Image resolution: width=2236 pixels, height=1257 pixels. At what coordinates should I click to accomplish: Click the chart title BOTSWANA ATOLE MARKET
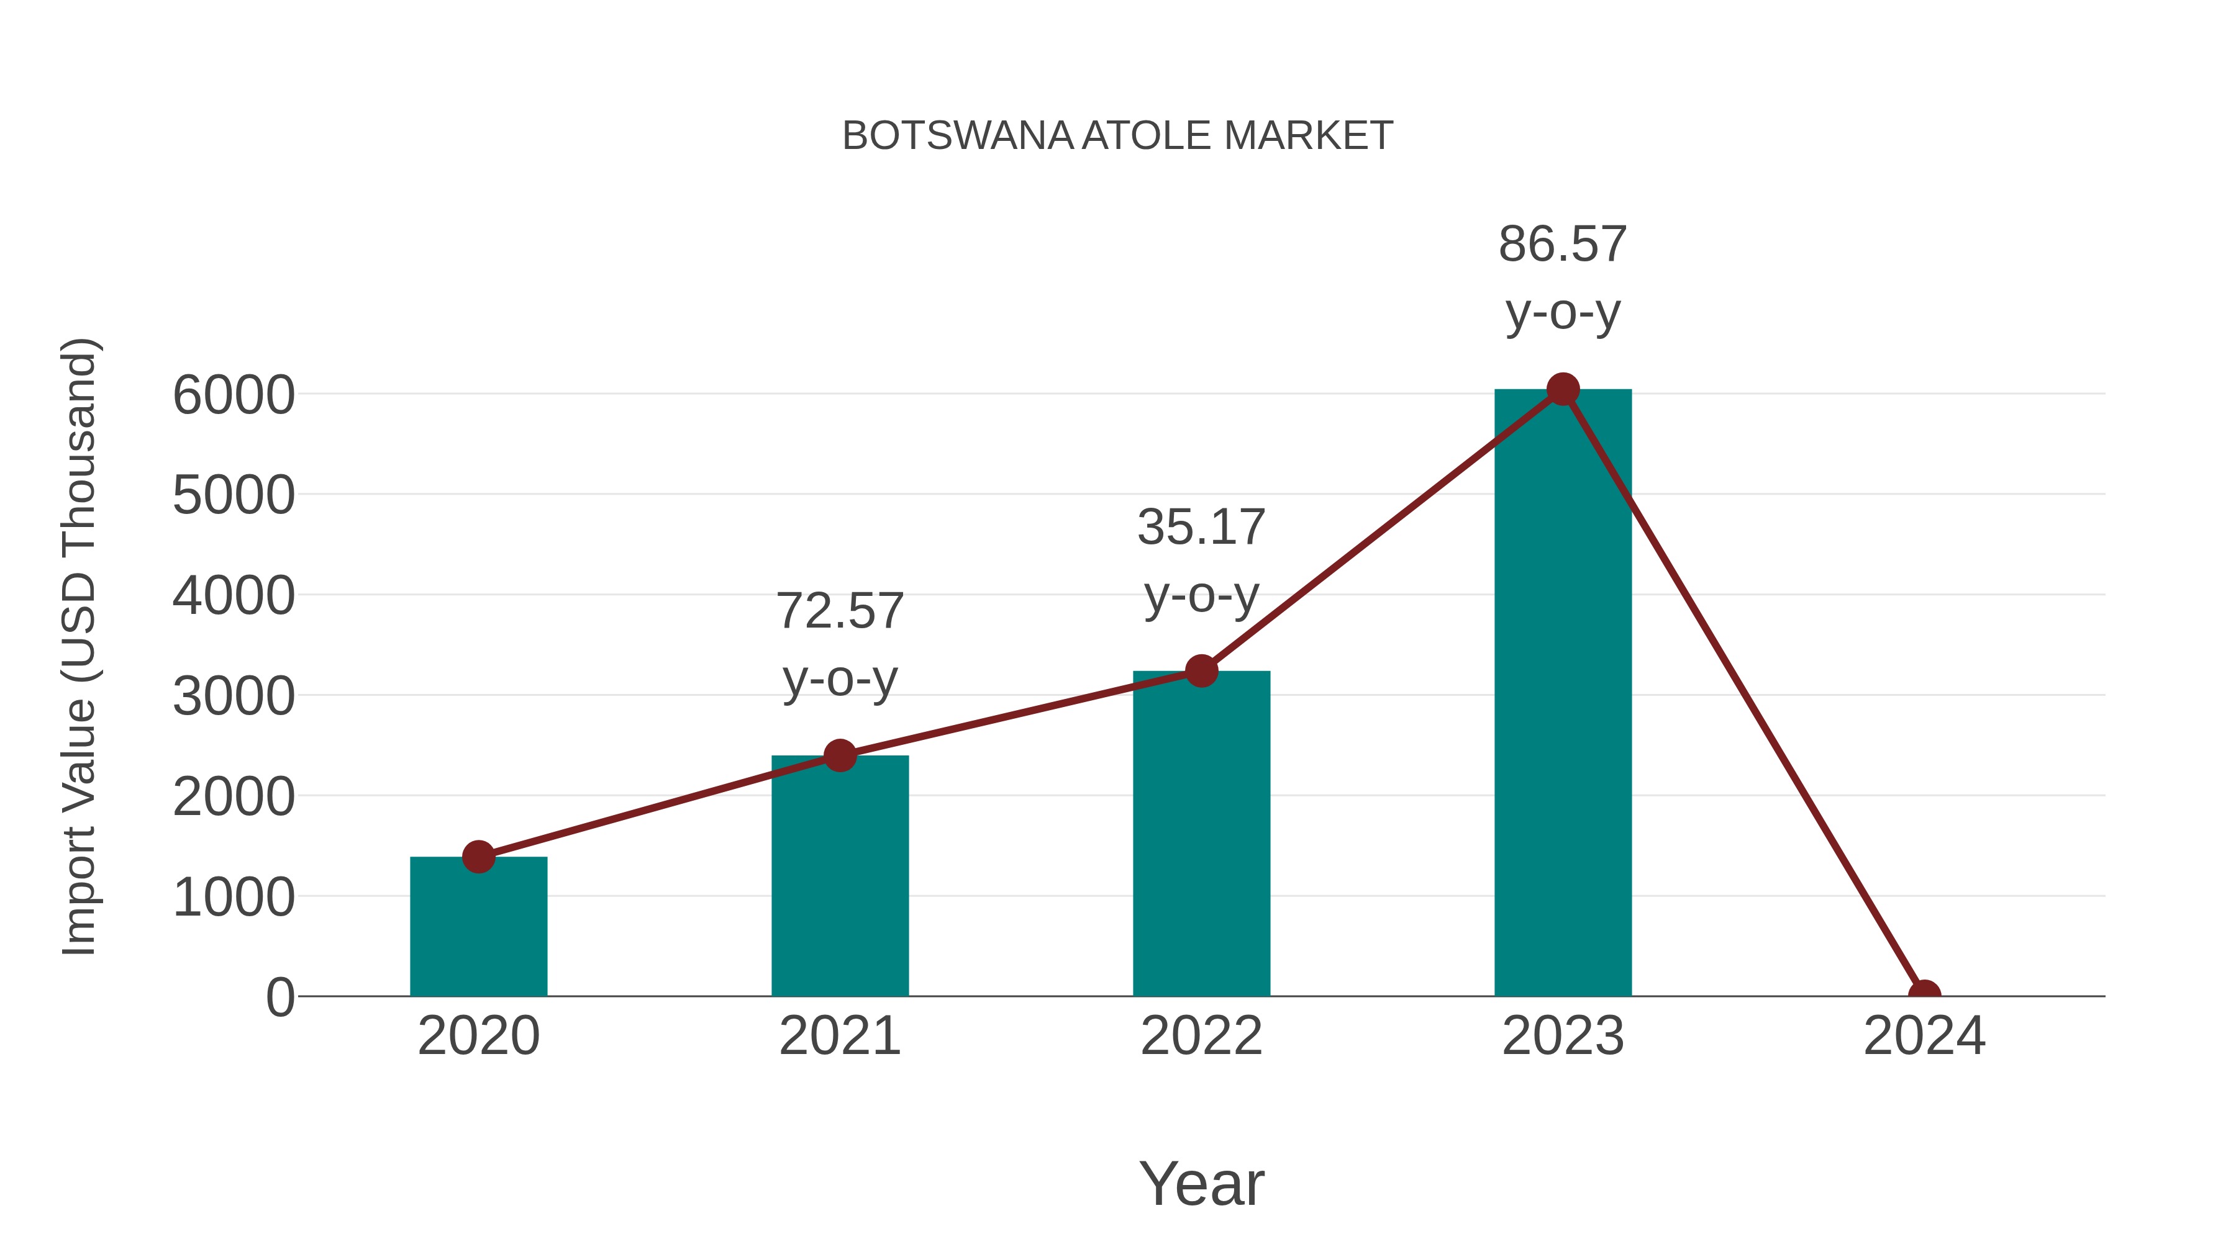pos(1117,136)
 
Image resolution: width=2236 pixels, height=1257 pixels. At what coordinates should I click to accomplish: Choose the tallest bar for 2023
pos(1563,694)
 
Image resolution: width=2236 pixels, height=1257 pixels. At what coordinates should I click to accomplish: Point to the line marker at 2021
pos(839,755)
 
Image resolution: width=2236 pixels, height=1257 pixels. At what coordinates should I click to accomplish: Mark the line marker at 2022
pos(1201,670)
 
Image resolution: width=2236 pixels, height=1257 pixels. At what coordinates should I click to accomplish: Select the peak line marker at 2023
pos(1563,389)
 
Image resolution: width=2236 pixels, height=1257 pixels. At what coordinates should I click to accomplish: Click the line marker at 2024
pos(1924,994)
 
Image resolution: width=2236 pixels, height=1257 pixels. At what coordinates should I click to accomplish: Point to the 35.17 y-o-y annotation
pos(1201,561)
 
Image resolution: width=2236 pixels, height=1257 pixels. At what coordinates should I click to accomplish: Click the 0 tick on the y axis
pos(279,998)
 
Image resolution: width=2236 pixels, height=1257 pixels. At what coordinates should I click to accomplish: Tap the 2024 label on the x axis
pos(1924,1036)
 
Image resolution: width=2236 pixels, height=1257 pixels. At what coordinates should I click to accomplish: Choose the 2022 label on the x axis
pos(1201,1036)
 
